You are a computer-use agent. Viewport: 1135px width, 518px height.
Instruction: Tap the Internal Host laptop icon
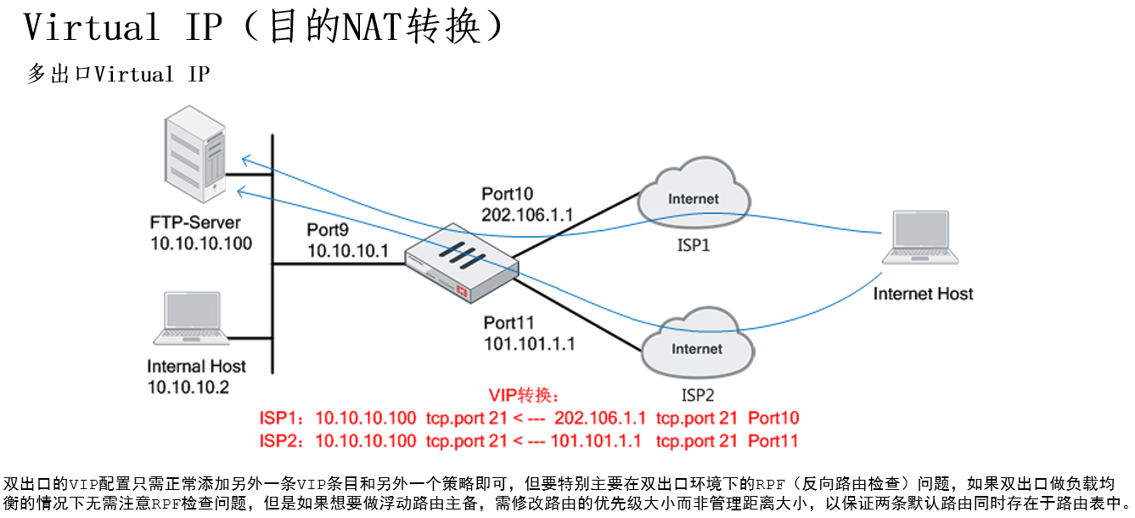191,318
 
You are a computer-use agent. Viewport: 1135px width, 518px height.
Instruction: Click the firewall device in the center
461,265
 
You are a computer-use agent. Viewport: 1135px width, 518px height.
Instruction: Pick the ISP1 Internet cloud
694,200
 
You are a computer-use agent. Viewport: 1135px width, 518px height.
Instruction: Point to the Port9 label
328,229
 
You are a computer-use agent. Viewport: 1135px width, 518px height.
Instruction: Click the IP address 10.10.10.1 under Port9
347,251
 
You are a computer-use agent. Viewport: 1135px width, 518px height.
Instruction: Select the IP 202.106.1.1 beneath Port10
527,214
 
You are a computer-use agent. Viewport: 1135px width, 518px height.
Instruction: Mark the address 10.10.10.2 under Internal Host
188,387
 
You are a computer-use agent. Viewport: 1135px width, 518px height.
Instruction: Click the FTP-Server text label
195,223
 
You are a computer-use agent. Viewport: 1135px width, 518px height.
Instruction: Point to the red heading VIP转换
524,395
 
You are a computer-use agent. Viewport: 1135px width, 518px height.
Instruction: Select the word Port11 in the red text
773,441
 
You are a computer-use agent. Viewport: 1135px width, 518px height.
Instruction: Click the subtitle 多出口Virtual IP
118,75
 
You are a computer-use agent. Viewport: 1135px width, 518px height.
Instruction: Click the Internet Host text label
923,294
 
